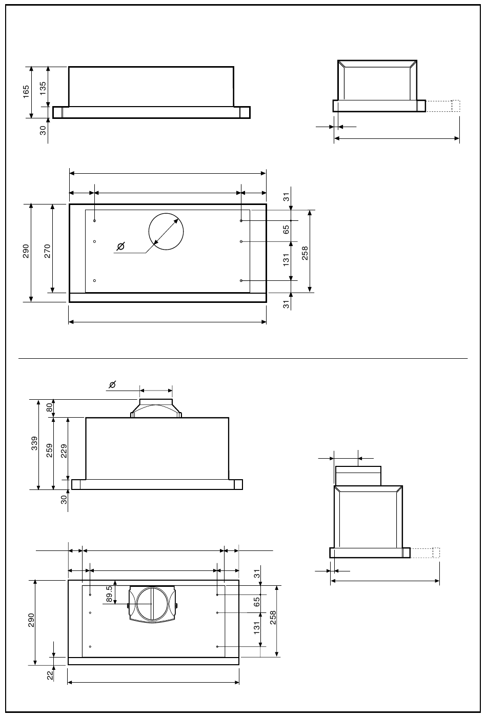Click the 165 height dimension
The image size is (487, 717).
[x=26, y=92]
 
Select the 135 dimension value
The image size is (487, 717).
[x=43, y=88]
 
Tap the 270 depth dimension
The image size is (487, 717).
[x=47, y=251]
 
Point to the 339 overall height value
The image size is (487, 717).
[x=34, y=443]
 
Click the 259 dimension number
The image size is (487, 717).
[x=49, y=450]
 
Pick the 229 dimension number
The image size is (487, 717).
[x=64, y=451]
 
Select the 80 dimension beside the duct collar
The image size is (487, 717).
[x=49, y=407]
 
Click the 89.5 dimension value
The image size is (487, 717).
[x=109, y=594]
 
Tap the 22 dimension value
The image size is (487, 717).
[x=50, y=675]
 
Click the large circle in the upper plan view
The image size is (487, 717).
[x=166, y=214]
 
